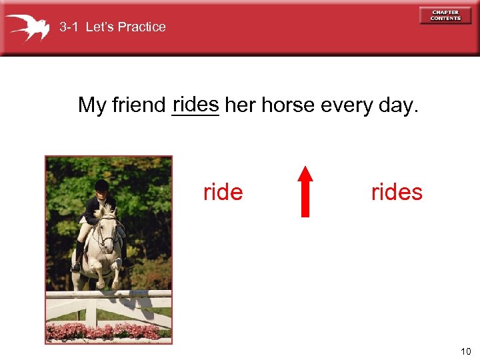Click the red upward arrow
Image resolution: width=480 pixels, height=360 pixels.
click(305, 191)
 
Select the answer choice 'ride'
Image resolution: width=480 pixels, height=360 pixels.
click(223, 192)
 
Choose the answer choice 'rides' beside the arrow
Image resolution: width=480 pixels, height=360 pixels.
click(397, 192)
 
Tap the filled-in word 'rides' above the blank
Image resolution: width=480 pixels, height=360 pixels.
click(195, 103)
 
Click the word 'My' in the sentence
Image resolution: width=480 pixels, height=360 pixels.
click(92, 105)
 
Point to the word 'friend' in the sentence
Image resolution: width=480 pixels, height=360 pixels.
click(139, 105)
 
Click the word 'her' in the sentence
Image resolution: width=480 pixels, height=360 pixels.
click(241, 105)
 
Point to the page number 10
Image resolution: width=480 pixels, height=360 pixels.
click(465, 351)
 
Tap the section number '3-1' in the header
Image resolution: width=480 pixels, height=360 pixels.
click(70, 27)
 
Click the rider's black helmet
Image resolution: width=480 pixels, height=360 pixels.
click(101, 185)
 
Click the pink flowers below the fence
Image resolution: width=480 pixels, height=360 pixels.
click(107, 332)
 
